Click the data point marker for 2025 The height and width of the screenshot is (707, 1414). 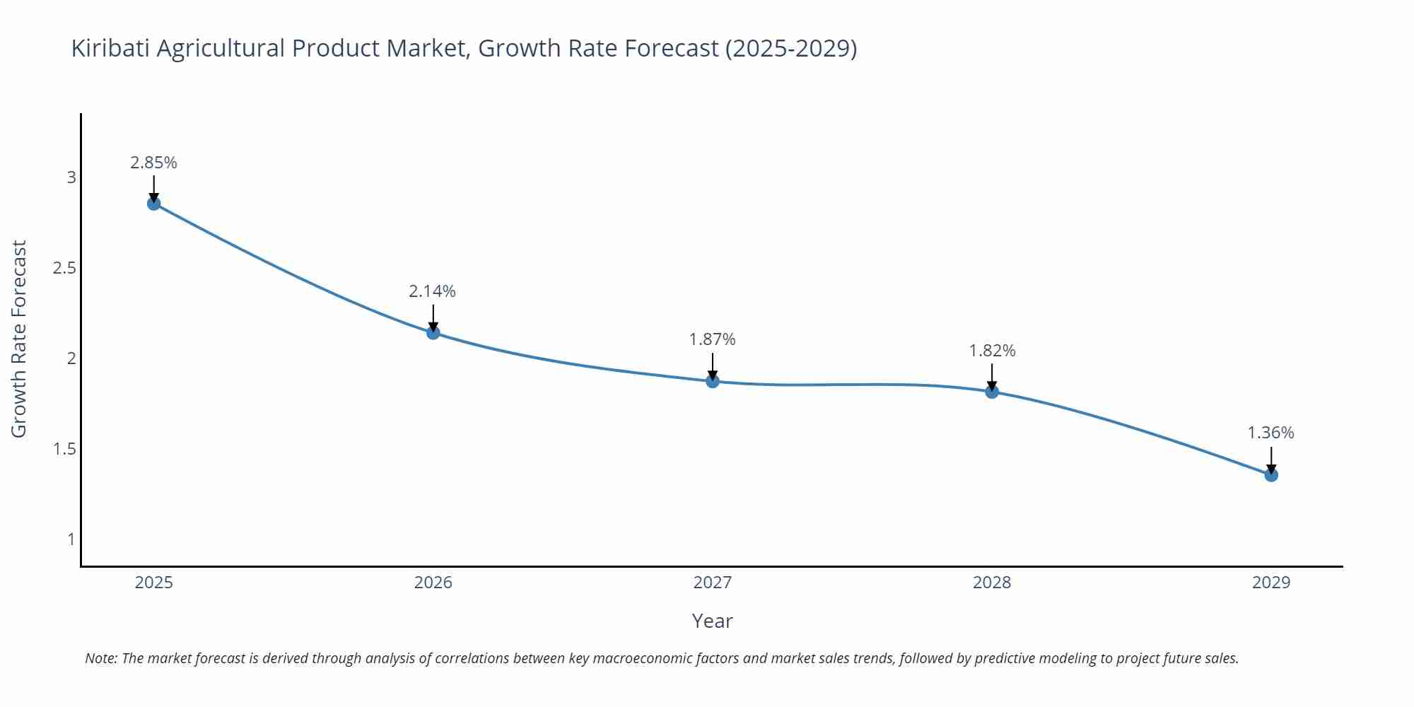[x=153, y=204]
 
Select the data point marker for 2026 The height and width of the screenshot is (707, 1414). [x=433, y=332]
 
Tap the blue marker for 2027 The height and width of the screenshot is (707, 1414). [x=713, y=381]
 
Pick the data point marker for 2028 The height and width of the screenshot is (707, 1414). [x=992, y=391]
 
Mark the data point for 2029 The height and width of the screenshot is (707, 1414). [x=1271, y=474]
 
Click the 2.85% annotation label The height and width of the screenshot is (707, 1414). [x=153, y=163]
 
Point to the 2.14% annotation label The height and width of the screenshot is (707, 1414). [x=433, y=291]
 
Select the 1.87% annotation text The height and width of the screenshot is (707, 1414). [x=713, y=339]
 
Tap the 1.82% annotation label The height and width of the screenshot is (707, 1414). [x=992, y=351]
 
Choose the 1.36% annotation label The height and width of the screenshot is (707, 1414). [x=1270, y=433]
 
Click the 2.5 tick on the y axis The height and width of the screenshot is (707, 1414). [x=64, y=268]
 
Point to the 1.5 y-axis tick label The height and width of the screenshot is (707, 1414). [x=64, y=449]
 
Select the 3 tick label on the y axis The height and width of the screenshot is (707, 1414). [x=71, y=177]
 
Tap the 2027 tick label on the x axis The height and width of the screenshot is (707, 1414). [x=713, y=583]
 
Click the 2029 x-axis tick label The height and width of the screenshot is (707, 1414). [x=1271, y=583]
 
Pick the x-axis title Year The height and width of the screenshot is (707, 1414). [x=712, y=621]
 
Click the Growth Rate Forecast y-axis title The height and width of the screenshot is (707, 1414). [x=19, y=339]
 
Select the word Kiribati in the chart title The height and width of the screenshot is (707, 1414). [x=110, y=48]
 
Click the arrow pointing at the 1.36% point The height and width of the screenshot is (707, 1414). [x=1271, y=460]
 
